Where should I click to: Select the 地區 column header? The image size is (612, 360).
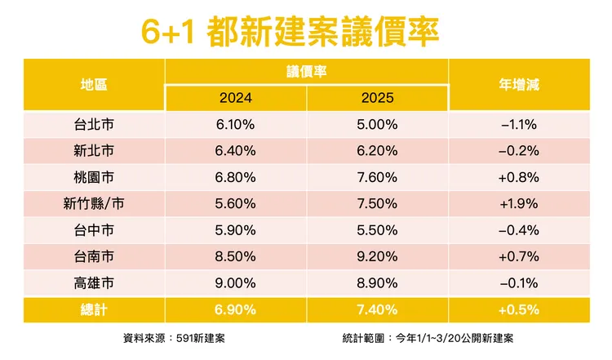(94, 84)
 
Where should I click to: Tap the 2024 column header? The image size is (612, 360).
(236, 98)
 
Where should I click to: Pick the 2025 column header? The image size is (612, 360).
(377, 98)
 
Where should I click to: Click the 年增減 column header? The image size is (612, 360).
(519, 84)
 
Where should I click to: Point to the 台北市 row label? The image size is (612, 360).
(94, 125)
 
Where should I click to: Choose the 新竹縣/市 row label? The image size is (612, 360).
(94, 204)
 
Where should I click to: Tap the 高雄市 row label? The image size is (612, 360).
(94, 282)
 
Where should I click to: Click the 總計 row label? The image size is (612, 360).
(94, 309)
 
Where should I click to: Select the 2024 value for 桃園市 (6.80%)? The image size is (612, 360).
(236, 177)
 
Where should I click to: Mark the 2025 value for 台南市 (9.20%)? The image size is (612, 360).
(377, 256)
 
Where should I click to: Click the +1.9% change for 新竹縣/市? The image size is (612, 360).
(519, 204)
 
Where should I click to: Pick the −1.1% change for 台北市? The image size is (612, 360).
(519, 125)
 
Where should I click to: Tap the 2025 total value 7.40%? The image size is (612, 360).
(377, 309)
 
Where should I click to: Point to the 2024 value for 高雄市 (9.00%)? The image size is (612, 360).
(236, 282)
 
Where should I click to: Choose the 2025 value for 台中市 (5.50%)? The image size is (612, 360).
(377, 230)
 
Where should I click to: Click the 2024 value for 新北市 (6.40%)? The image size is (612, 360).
(236, 151)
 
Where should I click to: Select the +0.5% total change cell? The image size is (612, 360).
(519, 309)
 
